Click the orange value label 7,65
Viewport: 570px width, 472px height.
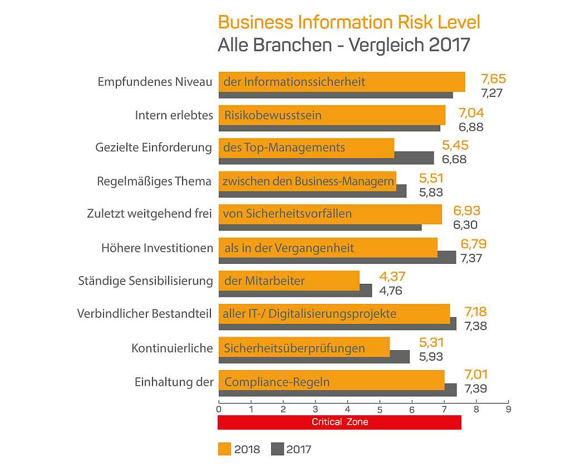(x=493, y=79)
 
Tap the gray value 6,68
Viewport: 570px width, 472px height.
(x=454, y=159)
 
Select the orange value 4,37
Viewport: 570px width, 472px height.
(x=392, y=277)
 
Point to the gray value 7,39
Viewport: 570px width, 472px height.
(x=475, y=389)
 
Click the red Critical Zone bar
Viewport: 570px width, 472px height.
(x=340, y=422)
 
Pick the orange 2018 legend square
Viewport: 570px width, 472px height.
(x=225, y=449)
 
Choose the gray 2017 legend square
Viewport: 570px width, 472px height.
(x=277, y=449)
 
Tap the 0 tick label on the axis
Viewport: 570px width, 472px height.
(x=219, y=410)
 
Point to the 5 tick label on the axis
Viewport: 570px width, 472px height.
(x=380, y=410)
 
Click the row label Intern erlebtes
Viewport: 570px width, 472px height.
(x=174, y=115)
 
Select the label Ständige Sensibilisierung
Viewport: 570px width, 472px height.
(x=145, y=281)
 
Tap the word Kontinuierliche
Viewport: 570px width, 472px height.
(x=172, y=348)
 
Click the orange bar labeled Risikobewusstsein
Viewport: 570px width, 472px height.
(x=332, y=115)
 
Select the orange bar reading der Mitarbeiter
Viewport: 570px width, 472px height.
(x=289, y=281)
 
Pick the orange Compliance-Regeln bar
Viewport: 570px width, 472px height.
(x=332, y=380)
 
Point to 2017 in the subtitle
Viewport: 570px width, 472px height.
(x=449, y=45)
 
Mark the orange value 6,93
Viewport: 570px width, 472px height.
(x=467, y=211)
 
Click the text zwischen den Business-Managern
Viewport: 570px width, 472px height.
(x=308, y=181)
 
